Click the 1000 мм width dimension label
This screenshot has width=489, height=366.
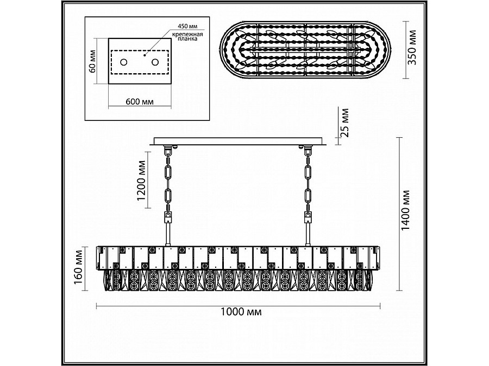tap(241, 312)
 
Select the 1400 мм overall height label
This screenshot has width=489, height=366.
tap(405, 210)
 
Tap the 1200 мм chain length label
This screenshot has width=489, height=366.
tap(142, 181)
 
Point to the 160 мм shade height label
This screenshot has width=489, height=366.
tap(79, 267)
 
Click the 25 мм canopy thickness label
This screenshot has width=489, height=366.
tap(344, 123)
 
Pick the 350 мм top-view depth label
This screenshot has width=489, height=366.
tap(412, 47)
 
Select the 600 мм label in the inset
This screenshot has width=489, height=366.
tap(140, 102)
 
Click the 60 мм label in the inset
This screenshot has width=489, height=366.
tap(92, 61)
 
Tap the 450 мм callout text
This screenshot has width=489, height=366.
tap(187, 26)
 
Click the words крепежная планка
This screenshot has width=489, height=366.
tap(187, 36)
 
